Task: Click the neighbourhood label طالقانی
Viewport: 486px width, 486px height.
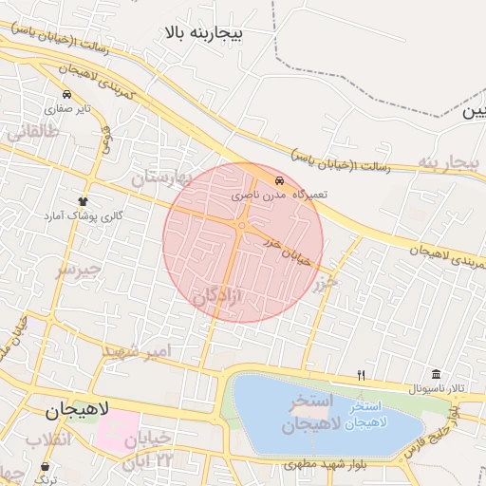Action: click(33, 133)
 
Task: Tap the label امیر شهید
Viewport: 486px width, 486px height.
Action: click(139, 353)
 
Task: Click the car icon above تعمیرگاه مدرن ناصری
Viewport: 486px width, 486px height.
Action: click(279, 180)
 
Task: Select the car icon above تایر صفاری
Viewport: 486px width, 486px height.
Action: click(67, 96)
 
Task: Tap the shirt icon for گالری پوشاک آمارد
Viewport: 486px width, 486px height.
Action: click(84, 202)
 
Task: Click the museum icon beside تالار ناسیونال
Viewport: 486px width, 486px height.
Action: click(436, 374)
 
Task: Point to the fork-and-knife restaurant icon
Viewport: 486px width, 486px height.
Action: click(361, 376)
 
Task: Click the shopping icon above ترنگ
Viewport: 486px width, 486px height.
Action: click(47, 466)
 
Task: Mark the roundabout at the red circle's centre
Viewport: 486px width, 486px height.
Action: click(242, 226)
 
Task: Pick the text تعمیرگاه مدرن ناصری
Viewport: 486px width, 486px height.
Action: click(280, 194)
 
